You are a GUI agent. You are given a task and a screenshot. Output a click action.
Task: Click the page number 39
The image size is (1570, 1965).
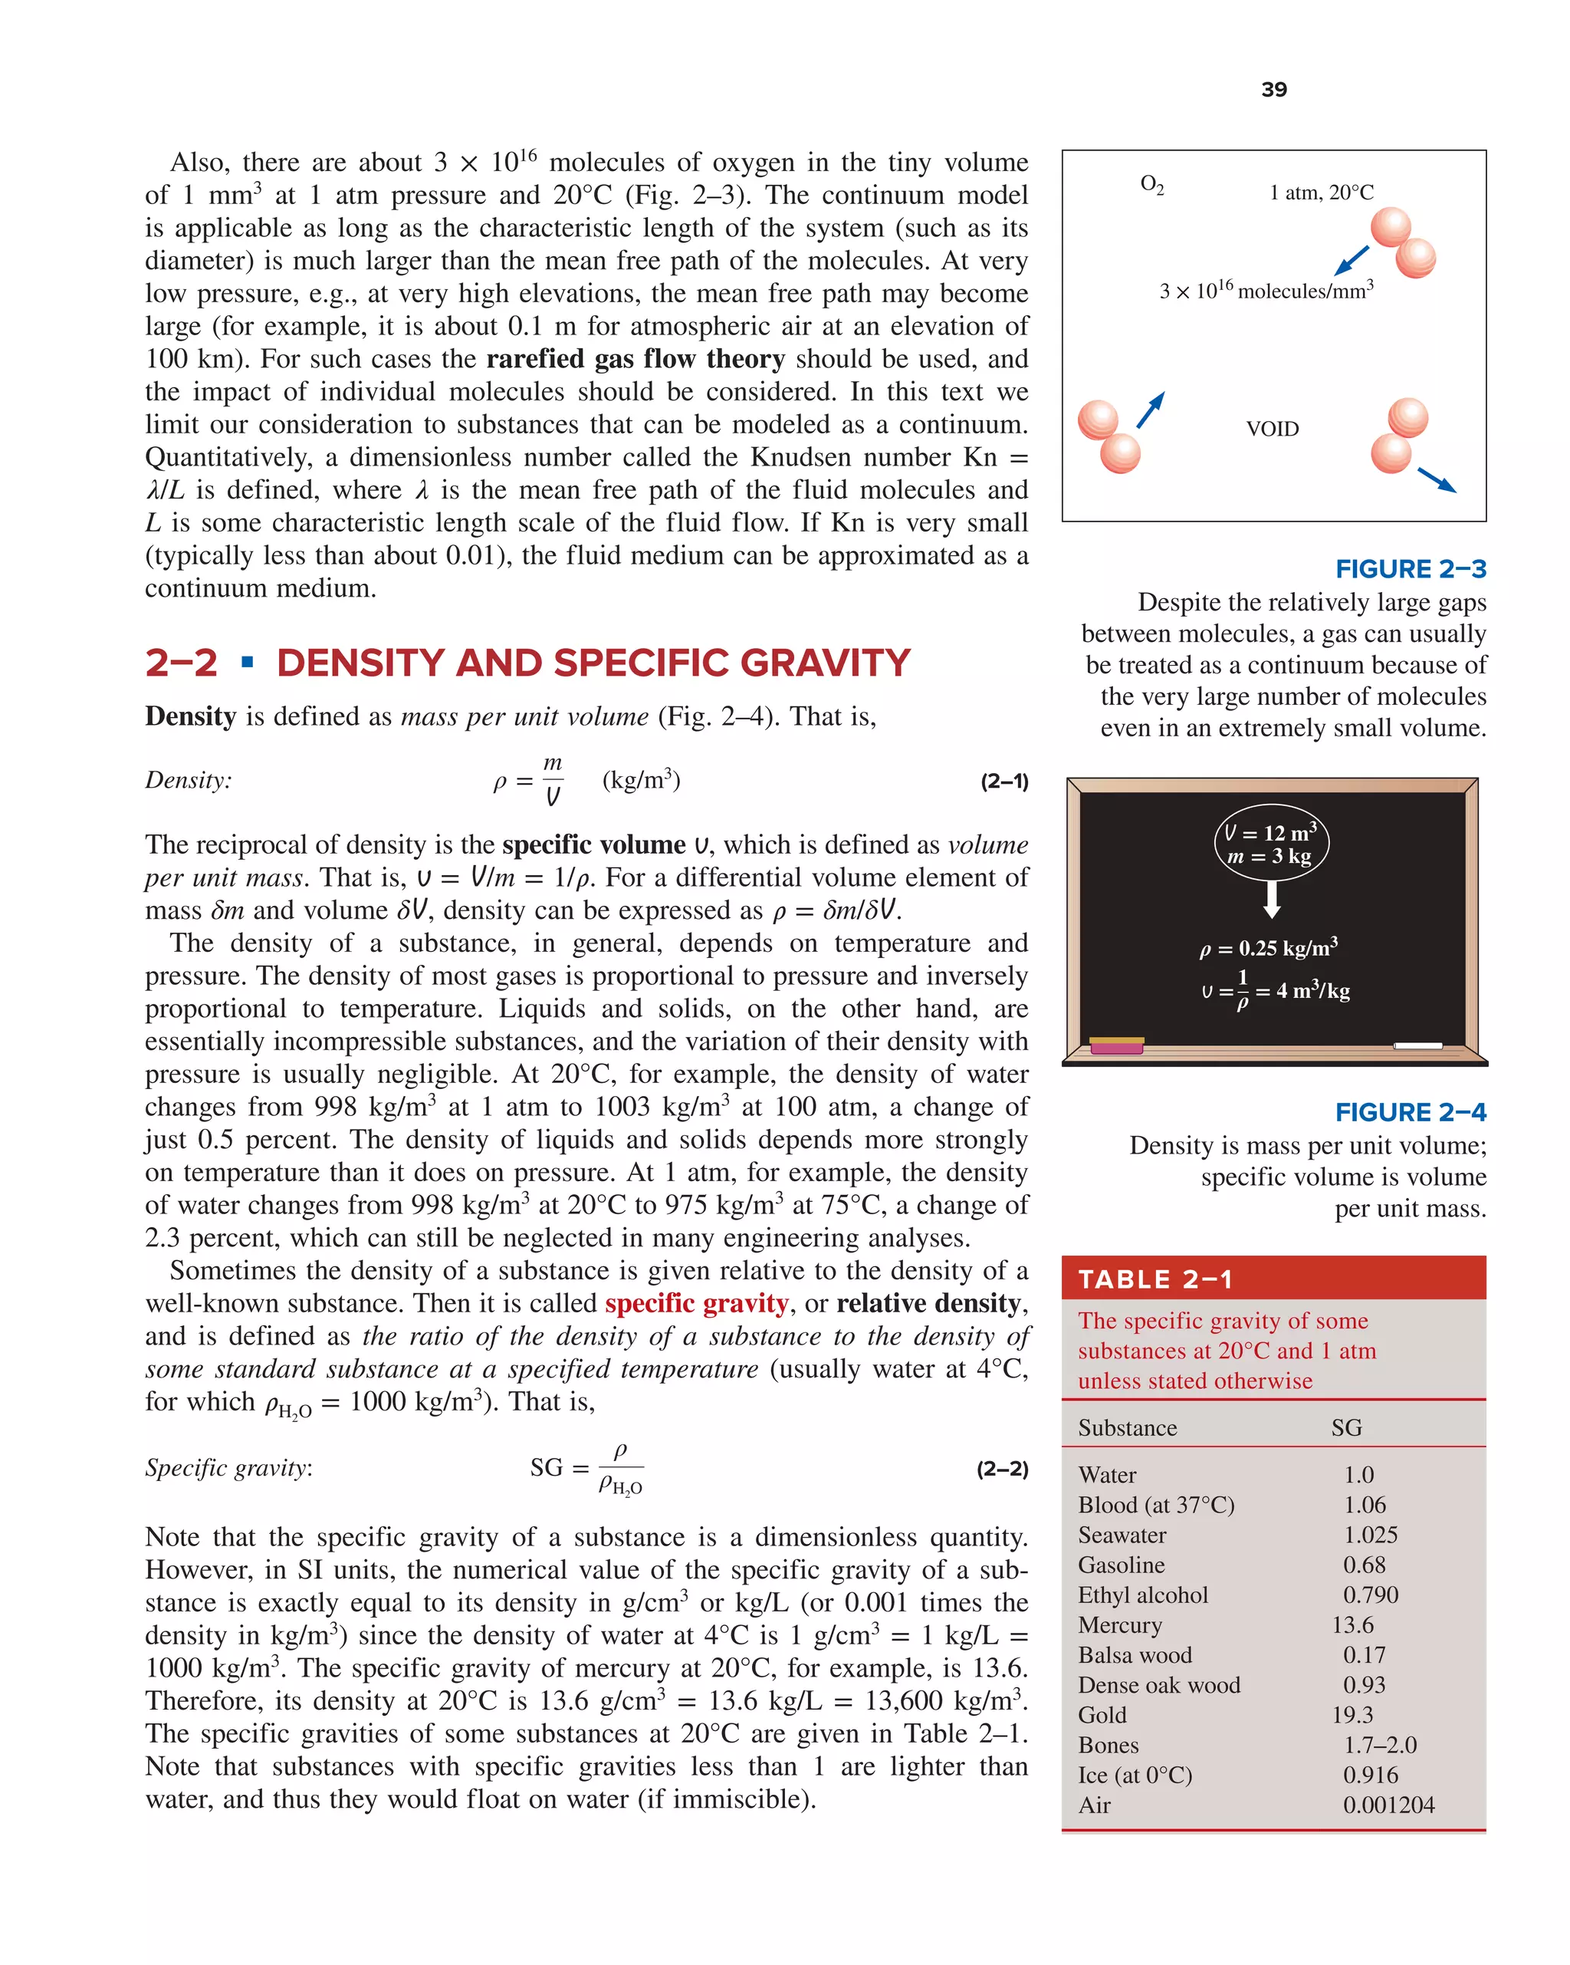[x=1273, y=89]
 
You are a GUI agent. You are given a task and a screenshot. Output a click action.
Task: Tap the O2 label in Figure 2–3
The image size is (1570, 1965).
[x=1151, y=185]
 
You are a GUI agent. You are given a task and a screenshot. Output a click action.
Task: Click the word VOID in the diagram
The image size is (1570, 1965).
[x=1271, y=429]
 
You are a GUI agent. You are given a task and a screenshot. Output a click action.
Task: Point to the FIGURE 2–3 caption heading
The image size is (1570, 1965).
[x=1410, y=569]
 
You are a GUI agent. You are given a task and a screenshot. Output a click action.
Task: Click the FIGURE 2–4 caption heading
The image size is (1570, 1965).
[x=1410, y=1112]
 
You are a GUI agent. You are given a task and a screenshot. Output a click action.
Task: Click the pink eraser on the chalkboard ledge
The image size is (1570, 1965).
[x=1116, y=1045]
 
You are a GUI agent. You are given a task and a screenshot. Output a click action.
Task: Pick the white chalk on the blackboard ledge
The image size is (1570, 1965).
[x=1417, y=1045]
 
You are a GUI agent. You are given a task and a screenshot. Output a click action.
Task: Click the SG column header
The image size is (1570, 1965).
[x=1346, y=1427]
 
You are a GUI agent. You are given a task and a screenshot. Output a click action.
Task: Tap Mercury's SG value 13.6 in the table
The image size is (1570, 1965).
[x=1352, y=1624]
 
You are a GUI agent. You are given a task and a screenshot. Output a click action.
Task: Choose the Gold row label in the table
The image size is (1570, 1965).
[x=1102, y=1714]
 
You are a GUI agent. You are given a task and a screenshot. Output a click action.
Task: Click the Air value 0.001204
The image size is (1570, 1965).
[x=1388, y=1805]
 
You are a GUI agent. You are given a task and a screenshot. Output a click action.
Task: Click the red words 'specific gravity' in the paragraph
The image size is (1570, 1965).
[x=696, y=1303]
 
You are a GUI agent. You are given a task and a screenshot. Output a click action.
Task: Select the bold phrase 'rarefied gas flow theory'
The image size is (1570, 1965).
[x=635, y=359]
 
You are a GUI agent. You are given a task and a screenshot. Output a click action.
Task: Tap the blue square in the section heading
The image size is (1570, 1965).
[x=247, y=662]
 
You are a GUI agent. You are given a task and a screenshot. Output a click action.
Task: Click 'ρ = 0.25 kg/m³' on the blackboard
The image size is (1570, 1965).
[x=1267, y=948]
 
